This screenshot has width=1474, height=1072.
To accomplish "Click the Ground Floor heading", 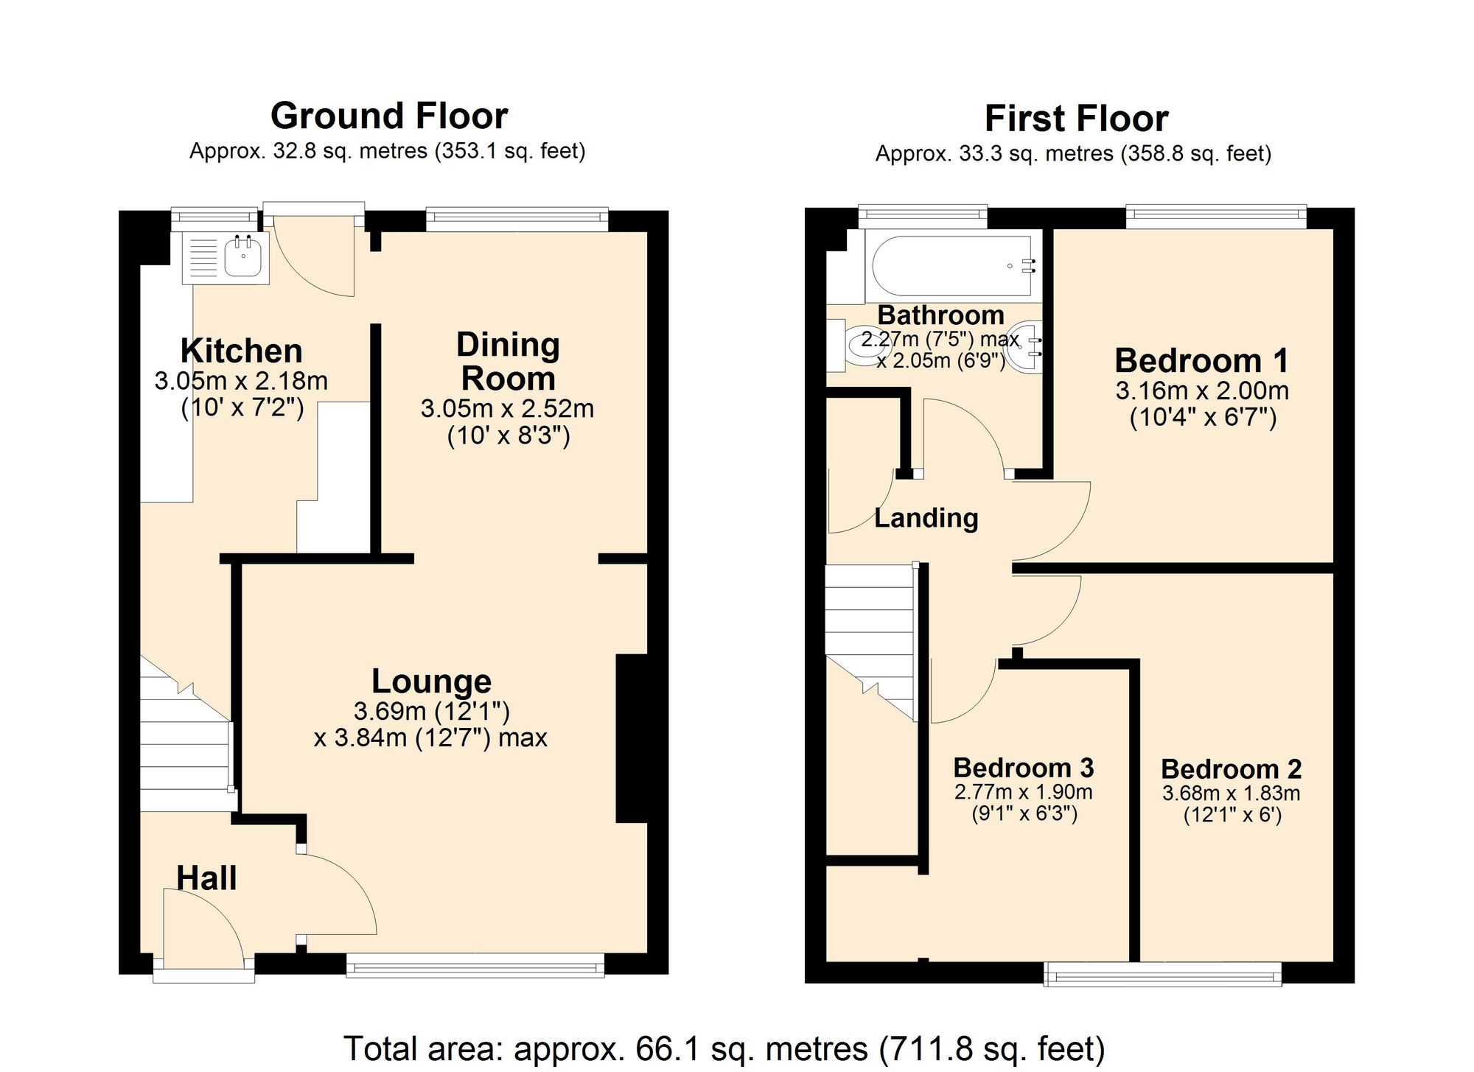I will pos(388,116).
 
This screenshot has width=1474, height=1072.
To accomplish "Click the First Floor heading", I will pos(1076,119).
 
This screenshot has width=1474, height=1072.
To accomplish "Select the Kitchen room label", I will pos(242,351).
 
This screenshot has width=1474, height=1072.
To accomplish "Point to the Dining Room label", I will pos(508,362).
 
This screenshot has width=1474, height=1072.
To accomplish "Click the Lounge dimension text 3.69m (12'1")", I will pos(431,711).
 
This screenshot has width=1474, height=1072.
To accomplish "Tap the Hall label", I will pos(206,878).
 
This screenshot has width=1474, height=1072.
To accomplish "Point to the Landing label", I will pos(926,518).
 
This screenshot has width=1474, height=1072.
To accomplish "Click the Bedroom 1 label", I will pos(1201,360).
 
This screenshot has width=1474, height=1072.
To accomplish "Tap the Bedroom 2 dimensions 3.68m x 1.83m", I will pos(1231,794).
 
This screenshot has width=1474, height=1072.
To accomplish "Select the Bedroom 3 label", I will pos(1023,768).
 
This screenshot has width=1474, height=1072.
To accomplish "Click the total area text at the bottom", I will pos(724,1048).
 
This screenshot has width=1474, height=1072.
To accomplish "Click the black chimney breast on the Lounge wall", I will pos(632,738).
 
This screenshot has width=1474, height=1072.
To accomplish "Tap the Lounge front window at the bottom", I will pos(475,965).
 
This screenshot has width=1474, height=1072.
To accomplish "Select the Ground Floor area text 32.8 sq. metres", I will pos(387,152).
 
